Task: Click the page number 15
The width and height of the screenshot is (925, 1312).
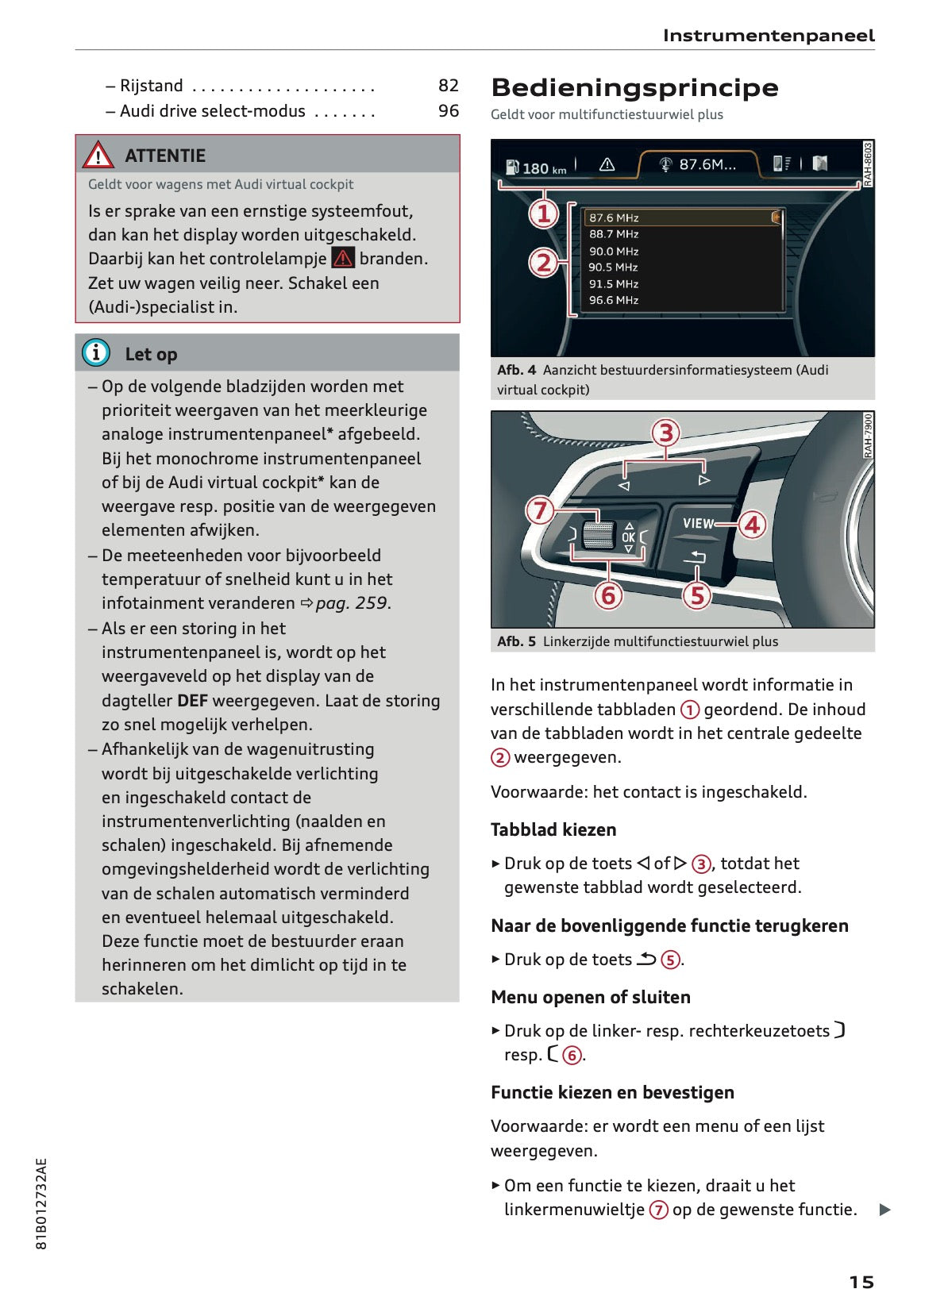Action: pos(861,1260)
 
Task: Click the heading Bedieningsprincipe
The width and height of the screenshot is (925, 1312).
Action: pos(634,87)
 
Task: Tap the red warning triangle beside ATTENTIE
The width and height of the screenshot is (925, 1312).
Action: pos(98,155)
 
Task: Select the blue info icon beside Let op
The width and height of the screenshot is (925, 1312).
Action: pos(96,352)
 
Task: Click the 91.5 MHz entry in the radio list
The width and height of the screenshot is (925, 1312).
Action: pos(613,284)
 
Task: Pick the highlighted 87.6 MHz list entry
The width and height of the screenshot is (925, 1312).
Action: pos(614,217)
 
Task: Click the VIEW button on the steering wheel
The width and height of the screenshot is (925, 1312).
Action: pos(698,523)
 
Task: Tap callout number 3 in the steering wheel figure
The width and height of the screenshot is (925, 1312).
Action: pos(666,433)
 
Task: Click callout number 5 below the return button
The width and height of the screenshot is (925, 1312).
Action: pos(697,595)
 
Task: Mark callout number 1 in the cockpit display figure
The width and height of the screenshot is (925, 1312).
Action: pos(544,214)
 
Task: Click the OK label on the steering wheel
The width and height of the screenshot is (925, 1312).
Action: pos(629,537)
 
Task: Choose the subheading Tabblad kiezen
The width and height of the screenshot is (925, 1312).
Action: pos(553,829)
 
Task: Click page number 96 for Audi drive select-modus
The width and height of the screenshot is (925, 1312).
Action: pos(449,110)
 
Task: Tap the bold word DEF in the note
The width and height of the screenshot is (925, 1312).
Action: pos(193,701)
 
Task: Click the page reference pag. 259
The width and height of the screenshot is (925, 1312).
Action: pos(353,603)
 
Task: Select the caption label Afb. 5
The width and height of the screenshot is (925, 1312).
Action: pos(516,641)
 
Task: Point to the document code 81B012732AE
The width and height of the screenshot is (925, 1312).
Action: pos(42,1203)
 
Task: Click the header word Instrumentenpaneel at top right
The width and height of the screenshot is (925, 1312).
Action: pos(768,36)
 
